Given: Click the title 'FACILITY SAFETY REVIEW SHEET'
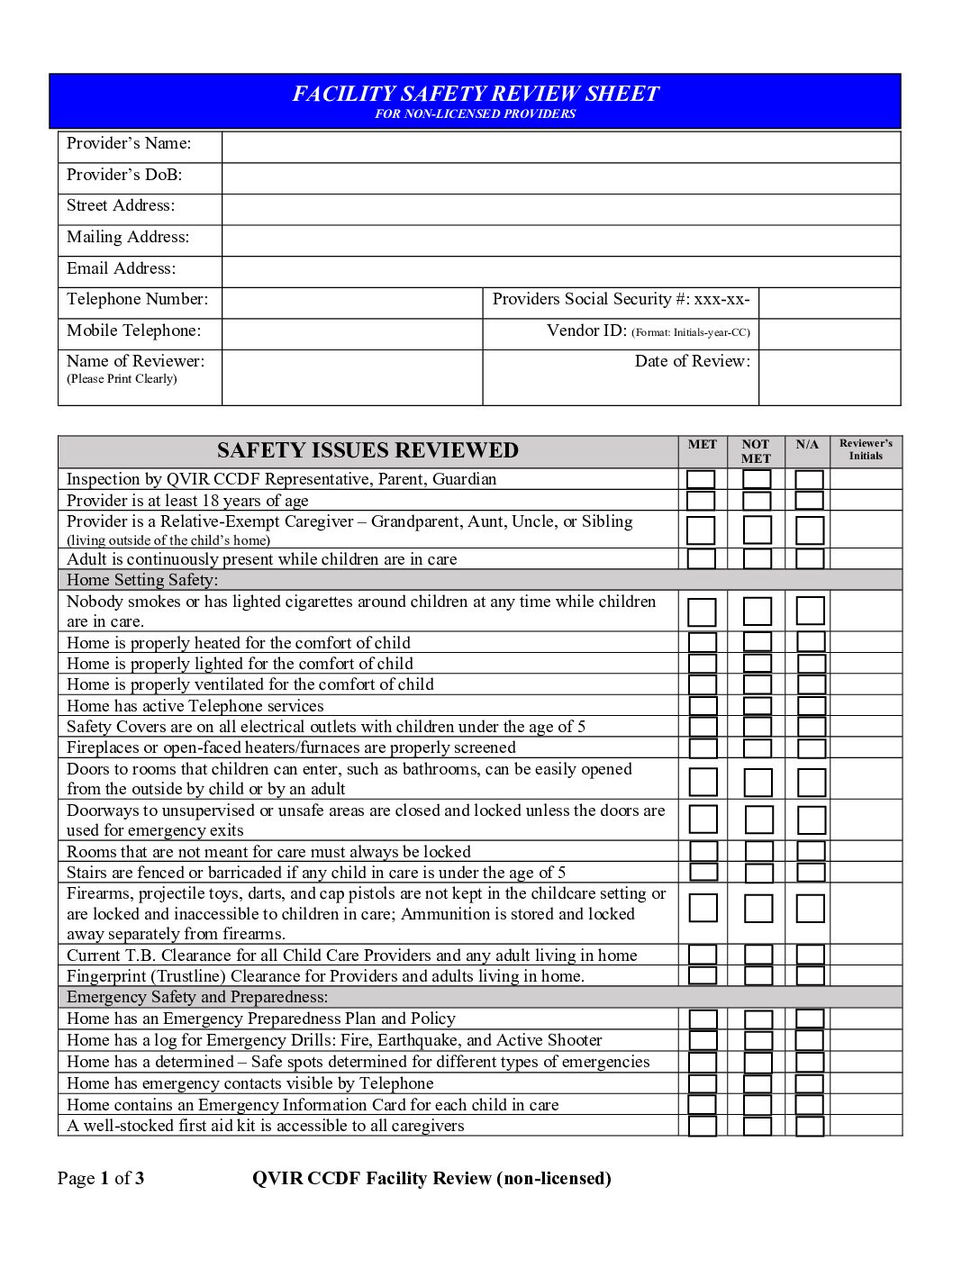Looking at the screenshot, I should [476, 94].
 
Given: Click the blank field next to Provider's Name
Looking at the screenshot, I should [560, 147].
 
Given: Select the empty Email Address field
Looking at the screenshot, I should [560, 271].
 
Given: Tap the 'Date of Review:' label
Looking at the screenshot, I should [692, 361].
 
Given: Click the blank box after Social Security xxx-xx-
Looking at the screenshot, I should [829, 303].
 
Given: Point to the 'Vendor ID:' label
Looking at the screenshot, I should [586, 331].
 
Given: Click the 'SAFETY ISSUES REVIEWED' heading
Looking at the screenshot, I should [367, 450].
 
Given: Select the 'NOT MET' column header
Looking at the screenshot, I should [756, 451].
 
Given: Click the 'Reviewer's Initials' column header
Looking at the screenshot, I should [866, 449].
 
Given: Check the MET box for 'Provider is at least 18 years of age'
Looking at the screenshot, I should [701, 501].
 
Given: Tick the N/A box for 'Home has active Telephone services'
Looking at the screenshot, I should [811, 706].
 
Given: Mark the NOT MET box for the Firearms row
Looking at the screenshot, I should [758, 908].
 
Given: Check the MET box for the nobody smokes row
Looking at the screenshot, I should [702, 611].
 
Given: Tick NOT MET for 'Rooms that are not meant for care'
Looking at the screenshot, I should [758, 851].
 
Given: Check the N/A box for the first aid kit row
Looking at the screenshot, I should [810, 1126].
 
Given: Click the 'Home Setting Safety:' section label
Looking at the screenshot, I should [142, 580].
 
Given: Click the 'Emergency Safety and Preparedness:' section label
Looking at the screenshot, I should [197, 997].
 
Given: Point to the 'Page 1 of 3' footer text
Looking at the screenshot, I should [101, 1178].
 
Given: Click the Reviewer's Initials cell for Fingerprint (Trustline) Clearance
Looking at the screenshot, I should [866, 975].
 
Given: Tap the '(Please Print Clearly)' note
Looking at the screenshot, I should [122, 379].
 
